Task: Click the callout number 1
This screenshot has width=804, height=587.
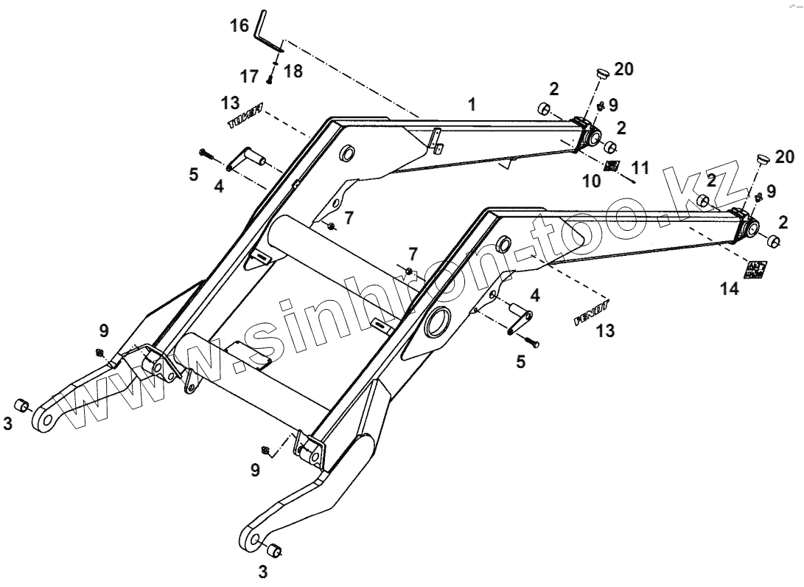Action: point(472,105)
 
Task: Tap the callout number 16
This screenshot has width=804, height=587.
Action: point(240,26)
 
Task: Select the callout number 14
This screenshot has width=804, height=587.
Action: point(729,290)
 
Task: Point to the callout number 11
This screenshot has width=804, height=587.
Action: point(640,168)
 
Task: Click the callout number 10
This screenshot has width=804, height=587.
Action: point(592,181)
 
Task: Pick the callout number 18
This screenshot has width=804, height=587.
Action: point(293,71)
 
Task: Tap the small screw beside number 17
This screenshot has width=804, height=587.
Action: point(270,78)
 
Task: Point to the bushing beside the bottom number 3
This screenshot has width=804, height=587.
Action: point(273,549)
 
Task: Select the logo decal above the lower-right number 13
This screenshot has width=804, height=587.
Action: point(592,316)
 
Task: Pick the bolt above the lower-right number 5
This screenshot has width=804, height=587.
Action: point(531,341)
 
